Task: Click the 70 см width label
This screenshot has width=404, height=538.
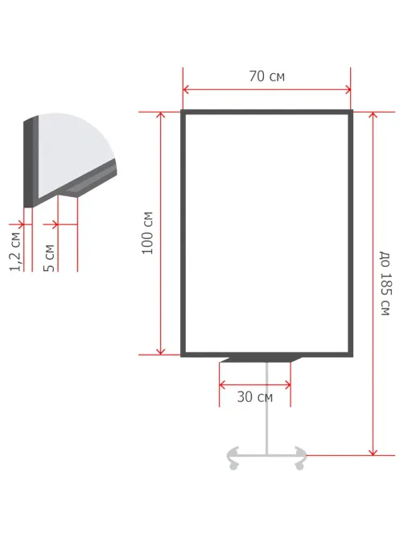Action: pos(266,76)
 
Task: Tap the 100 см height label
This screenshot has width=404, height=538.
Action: pos(147,233)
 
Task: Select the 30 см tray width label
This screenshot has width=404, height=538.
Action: pos(254,397)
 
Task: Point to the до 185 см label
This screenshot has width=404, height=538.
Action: pos(385,283)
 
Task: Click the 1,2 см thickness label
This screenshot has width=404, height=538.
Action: pos(15,252)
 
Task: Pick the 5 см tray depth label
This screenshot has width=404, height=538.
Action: pos(49,258)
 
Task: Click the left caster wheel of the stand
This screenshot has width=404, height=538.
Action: pos(233,466)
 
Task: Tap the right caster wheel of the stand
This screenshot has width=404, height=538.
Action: pos(299,466)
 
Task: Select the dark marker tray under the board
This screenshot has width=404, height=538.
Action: pos(261,359)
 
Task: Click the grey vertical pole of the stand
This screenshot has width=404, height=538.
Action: pos(266,409)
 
